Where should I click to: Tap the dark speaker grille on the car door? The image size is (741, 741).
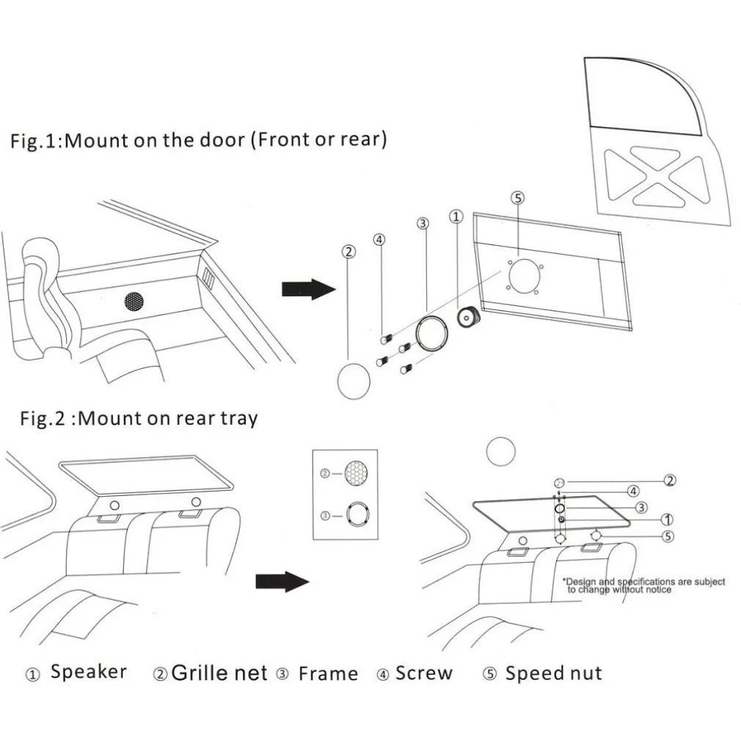pyautogui.click(x=134, y=301)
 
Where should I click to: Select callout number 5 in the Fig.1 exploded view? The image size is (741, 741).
pyautogui.click(x=517, y=198)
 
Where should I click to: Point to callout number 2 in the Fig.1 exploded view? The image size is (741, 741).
pyautogui.click(x=349, y=252)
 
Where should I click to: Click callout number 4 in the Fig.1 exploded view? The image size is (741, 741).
pyautogui.click(x=379, y=238)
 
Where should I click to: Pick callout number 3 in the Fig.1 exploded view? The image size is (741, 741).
pyautogui.click(x=423, y=223)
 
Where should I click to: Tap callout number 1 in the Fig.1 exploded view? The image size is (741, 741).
pyautogui.click(x=456, y=216)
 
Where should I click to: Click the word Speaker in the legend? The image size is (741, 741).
pyautogui.click(x=88, y=672)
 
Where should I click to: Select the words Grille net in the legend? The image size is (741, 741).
pyautogui.click(x=219, y=674)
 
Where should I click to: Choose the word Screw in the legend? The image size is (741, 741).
pyautogui.click(x=424, y=673)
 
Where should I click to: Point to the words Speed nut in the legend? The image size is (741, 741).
pyautogui.click(x=553, y=674)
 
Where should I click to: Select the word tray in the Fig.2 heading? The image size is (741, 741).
pyautogui.click(x=239, y=419)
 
